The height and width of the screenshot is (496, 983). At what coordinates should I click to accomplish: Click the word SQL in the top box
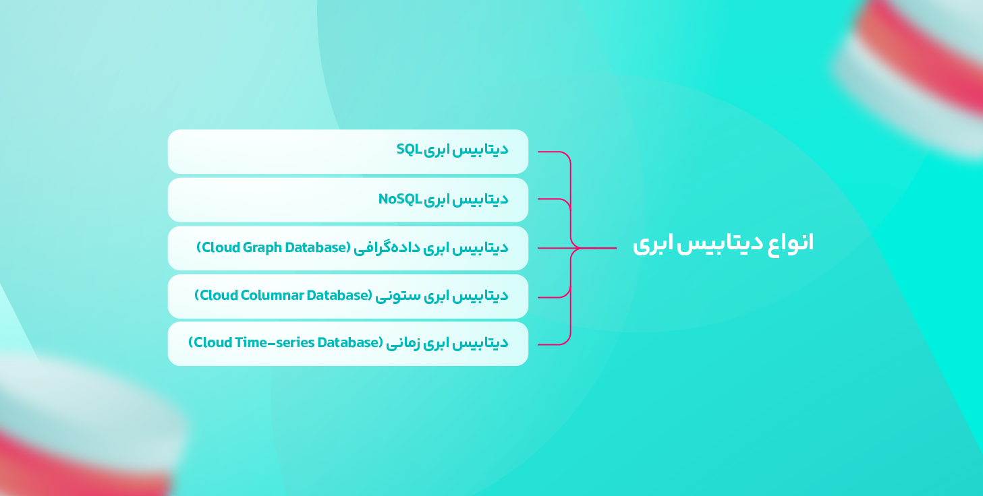409,150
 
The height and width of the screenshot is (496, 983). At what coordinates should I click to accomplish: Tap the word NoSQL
400,199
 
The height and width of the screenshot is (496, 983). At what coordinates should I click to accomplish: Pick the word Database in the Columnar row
337,295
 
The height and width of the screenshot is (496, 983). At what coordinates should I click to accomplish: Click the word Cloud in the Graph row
220,247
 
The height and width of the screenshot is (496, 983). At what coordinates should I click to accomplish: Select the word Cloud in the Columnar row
218,295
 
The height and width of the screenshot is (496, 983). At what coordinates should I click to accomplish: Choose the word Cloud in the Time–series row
212,342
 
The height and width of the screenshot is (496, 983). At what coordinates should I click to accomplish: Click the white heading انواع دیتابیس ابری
723,243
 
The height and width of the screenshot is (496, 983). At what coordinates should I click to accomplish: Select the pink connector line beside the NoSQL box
554,199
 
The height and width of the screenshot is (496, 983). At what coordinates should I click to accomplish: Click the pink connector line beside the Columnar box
554,297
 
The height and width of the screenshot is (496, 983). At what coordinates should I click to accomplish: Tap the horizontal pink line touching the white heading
598,248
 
